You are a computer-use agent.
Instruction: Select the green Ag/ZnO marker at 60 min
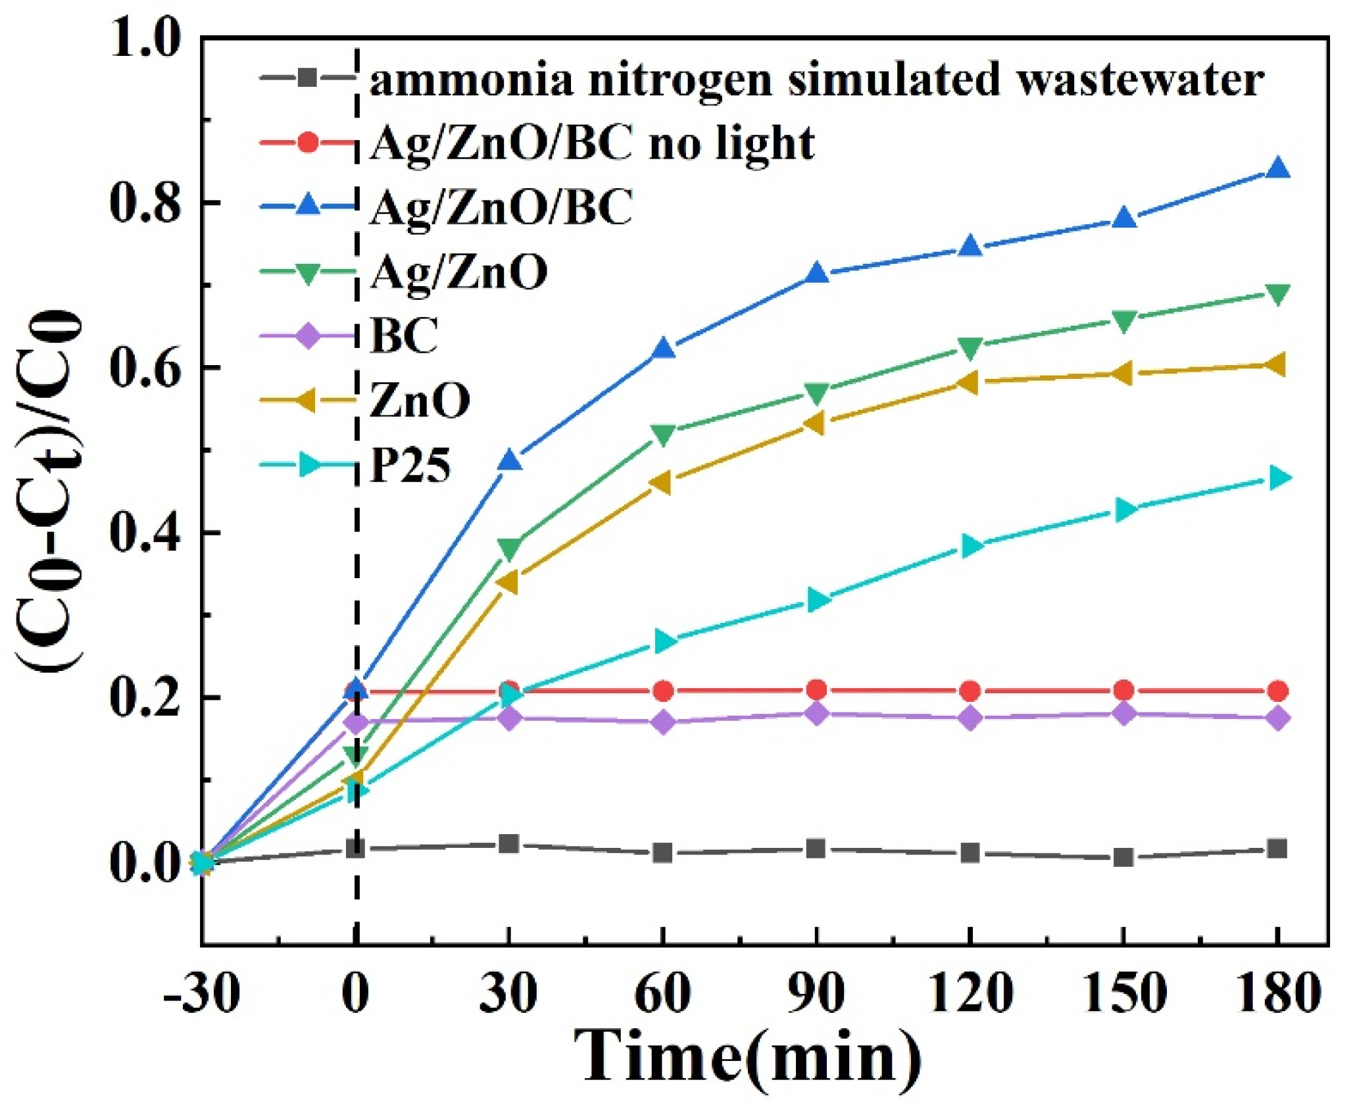(662, 433)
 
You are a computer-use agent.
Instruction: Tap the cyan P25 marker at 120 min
(971, 545)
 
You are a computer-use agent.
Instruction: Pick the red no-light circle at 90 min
(816, 690)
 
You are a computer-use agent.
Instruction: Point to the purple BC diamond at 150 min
(1123, 713)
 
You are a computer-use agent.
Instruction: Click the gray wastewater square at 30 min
(508, 844)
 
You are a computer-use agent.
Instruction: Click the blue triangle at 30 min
(509, 461)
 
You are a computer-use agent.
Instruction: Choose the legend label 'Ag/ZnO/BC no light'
(592, 143)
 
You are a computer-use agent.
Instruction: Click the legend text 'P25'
(410, 466)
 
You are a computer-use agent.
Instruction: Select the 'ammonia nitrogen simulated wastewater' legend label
(816, 80)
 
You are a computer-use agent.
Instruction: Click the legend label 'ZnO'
(420, 400)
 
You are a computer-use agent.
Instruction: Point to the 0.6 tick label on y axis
(144, 368)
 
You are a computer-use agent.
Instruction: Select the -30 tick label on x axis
(201, 994)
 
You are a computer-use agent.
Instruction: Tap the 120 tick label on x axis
(970, 994)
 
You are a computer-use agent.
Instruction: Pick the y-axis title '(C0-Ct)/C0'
(49, 490)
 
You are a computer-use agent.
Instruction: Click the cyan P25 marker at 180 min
(1277, 478)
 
